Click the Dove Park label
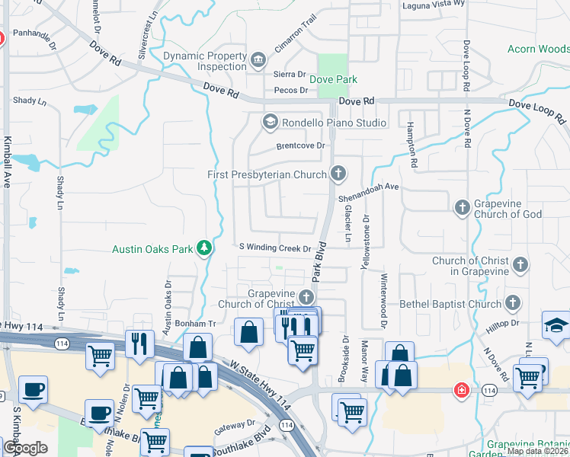[333, 79]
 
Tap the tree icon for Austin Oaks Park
[204, 248]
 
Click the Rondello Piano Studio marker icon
[270, 122]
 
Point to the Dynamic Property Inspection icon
[258, 58]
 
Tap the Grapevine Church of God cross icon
[462, 207]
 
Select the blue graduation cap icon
[555, 325]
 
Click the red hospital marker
[462, 390]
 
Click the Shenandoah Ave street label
[369, 191]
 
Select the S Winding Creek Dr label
[275, 248]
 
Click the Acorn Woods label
[538, 50]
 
